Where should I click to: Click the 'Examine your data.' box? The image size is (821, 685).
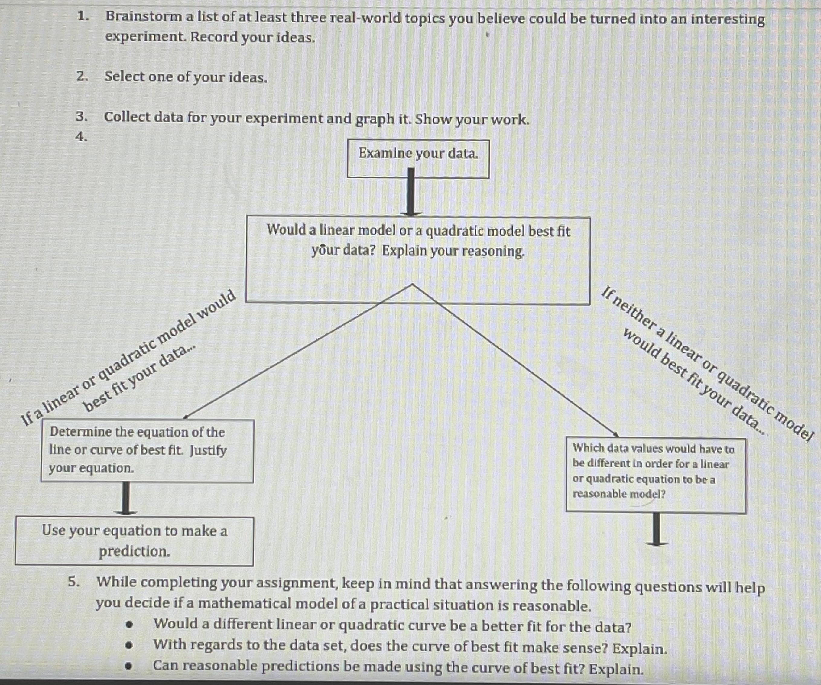tap(418, 158)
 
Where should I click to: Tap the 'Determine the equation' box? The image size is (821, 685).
tap(147, 451)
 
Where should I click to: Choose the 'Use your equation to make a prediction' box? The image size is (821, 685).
tap(134, 541)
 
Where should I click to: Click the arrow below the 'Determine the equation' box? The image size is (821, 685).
tap(125, 498)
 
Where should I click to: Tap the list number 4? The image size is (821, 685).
tap(81, 137)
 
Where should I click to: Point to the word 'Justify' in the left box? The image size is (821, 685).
tap(208, 451)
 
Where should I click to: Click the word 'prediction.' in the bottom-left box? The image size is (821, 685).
tap(135, 551)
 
